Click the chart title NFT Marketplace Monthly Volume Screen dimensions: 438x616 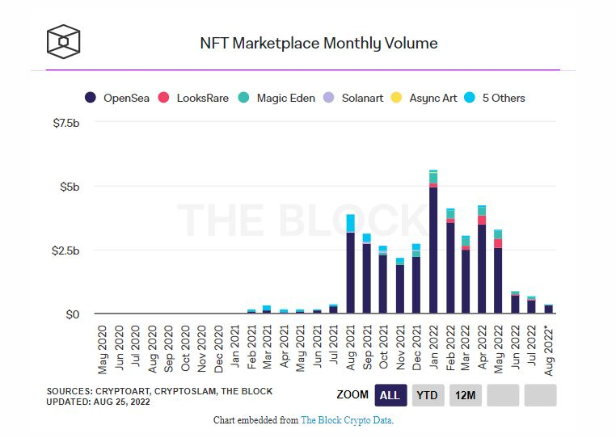[319, 44]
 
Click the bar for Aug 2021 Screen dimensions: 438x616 [350, 267]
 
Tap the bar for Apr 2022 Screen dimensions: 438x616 [482, 263]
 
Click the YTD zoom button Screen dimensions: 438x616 [428, 395]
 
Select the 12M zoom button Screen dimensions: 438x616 [465, 395]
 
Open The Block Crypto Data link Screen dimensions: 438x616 [346, 420]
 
